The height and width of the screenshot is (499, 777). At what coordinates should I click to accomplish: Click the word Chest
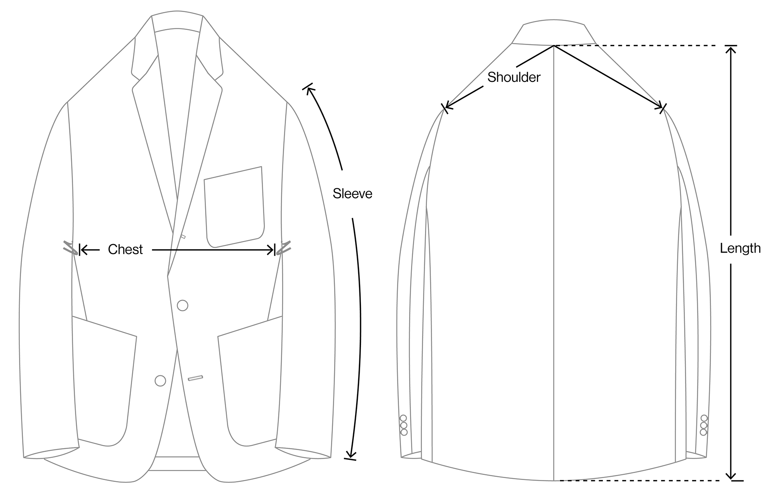pyautogui.click(x=125, y=249)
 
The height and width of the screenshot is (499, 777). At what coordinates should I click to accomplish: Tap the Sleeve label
pyautogui.click(x=352, y=194)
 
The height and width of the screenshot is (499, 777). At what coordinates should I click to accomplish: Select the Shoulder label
pyautogui.click(x=514, y=77)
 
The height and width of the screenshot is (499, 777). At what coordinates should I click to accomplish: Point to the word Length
pyautogui.click(x=740, y=248)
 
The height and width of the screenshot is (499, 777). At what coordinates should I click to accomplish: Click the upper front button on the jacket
pyautogui.click(x=183, y=305)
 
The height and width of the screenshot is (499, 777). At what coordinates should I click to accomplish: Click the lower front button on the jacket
pyautogui.click(x=160, y=381)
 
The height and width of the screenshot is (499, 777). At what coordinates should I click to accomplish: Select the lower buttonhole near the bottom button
pyautogui.click(x=196, y=378)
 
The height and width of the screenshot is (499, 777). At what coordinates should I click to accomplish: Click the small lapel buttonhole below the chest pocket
pyautogui.click(x=183, y=236)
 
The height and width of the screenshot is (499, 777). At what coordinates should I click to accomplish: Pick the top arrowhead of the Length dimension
pyautogui.click(x=731, y=49)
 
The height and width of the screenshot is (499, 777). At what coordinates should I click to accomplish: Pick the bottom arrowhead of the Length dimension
pyautogui.click(x=731, y=477)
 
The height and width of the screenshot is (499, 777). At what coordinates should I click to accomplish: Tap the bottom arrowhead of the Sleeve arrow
pyautogui.click(x=352, y=455)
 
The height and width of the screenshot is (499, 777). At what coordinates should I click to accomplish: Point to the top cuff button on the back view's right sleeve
pyautogui.click(x=704, y=418)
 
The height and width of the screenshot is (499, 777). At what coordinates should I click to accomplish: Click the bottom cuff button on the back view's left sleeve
pyautogui.click(x=404, y=432)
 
